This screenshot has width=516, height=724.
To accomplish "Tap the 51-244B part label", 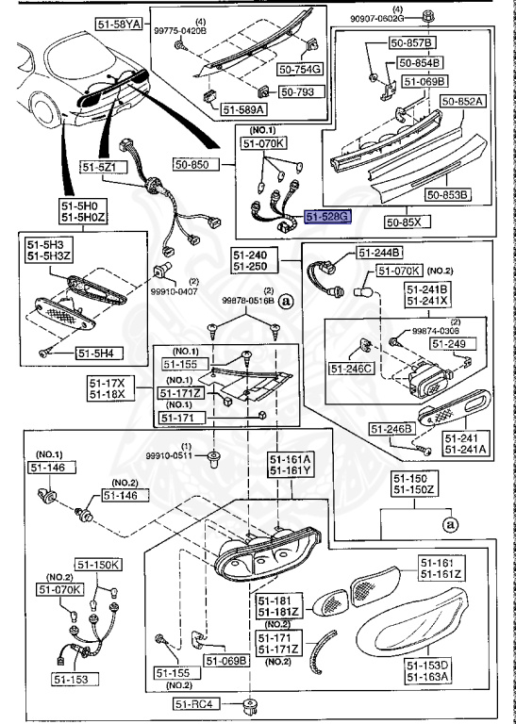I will (379, 252).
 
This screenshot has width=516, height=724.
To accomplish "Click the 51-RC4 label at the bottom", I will (203, 702).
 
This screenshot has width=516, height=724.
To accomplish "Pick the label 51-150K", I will (99, 565).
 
